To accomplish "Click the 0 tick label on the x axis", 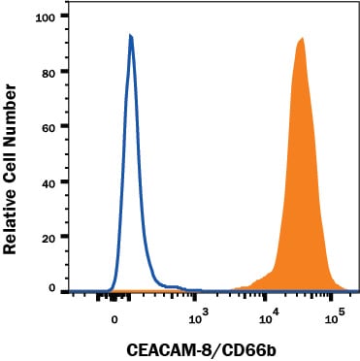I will coord(115,317).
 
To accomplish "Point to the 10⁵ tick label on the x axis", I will coord(334,316).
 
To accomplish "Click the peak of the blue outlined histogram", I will coord(130,36).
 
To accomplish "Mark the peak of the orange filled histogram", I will coord(302,39).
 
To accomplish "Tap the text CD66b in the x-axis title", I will coord(234,345).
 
